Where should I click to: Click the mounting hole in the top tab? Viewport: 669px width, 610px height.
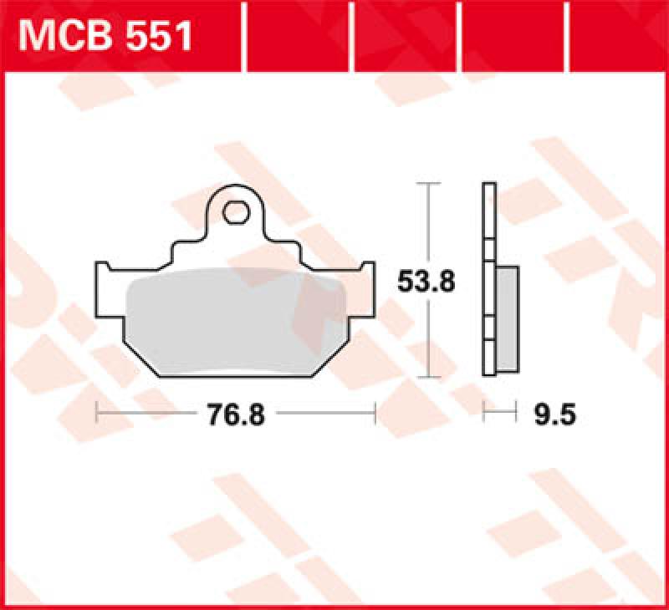(x=236, y=212)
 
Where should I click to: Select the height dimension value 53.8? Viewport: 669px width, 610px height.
(x=426, y=282)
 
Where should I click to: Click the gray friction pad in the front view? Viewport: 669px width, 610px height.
(x=237, y=322)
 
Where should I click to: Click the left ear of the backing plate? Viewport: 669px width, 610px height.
(x=107, y=276)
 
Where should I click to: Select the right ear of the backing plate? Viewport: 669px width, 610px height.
(x=366, y=276)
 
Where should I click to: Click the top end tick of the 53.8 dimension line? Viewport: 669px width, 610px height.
(x=428, y=182)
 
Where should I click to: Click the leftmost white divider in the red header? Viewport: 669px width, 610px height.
(x=244, y=36)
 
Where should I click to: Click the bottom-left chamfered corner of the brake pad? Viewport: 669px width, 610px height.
(x=142, y=359)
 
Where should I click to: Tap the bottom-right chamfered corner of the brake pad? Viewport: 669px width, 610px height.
(x=331, y=359)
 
